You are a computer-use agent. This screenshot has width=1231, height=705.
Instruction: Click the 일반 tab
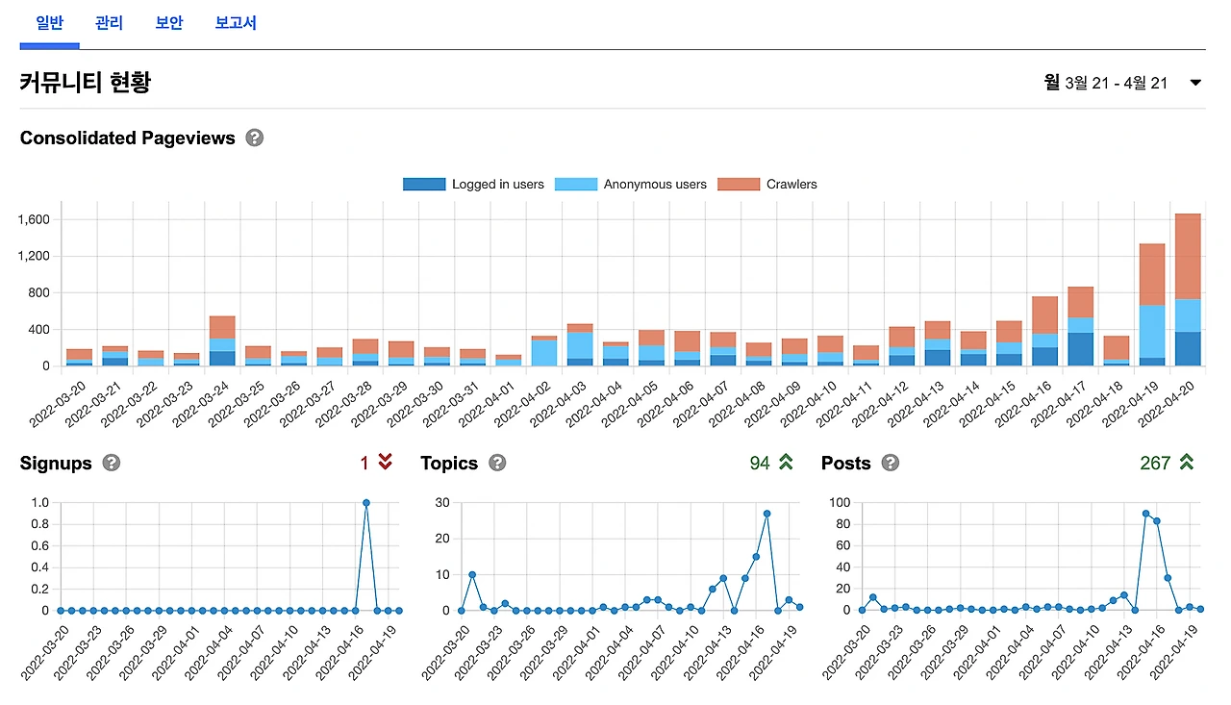[x=49, y=23]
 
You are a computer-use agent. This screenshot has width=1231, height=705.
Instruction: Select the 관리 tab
[x=109, y=23]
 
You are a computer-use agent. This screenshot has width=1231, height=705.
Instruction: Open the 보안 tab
[x=169, y=23]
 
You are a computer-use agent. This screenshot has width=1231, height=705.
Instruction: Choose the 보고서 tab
[x=236, y=23]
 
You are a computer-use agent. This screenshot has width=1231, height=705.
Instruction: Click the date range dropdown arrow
[x=1195, y=83]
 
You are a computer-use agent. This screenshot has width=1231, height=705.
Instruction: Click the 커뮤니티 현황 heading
[x=86, y=83]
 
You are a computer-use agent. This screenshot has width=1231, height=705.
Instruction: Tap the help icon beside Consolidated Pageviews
[x=254, y=138]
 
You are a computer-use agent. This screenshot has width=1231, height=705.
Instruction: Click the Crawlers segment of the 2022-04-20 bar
[x=1188, y=256]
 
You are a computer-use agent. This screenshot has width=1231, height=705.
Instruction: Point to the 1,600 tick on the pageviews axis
[x=34, y=219]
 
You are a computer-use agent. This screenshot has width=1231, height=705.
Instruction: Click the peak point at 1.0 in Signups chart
[x=366, y=503]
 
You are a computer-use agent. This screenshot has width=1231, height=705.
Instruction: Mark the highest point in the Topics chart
[x=766, y=514]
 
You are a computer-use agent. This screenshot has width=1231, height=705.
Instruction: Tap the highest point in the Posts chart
[x=1145, y=514]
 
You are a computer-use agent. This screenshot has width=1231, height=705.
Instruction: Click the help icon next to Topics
[x=497, y=464]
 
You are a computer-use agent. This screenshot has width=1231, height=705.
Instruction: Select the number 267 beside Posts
[x=1154, y=464]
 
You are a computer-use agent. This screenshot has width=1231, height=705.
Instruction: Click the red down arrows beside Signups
[x=385, y=463]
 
